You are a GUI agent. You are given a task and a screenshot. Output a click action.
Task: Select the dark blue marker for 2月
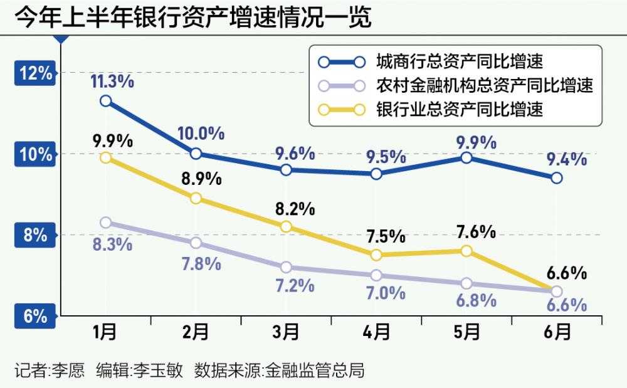[x=196, y=154]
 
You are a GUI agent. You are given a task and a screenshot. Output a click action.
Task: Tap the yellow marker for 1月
[x=105, y=157]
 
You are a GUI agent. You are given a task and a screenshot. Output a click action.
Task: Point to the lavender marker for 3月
[x=286, y=267]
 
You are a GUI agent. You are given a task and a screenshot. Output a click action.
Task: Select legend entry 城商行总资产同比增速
[x=458, y=61]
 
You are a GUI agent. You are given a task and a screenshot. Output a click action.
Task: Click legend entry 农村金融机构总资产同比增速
[x=484, y=85]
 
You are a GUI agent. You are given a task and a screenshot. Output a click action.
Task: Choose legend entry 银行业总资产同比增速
[x=458, y=108]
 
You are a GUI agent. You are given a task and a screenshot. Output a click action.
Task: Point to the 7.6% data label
[x=475, y=233]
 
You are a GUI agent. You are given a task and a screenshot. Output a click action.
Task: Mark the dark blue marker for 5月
[x=466, y=157]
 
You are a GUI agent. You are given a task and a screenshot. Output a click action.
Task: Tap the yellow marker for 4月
[x=376, y=254]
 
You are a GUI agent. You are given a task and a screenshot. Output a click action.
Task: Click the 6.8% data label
[x=476, y=300]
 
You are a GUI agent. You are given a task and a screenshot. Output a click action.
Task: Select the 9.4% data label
[x=566, y=159]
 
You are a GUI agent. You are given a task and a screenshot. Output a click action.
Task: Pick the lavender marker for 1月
[x=105, y=223]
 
